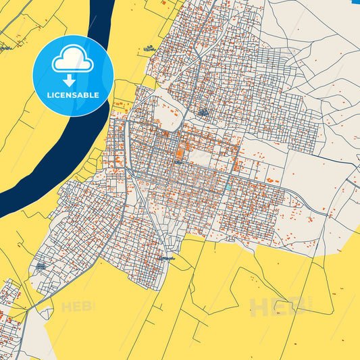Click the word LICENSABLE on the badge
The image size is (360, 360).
(x=73, y=95)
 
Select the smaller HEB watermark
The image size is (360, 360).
(x=78, y=307)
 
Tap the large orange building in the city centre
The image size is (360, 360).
(x=179, y=154)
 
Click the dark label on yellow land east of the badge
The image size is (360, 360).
(x=149, y=49)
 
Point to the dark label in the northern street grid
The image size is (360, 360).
(x=203, y=111)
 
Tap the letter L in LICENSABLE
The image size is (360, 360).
(x=48, y=95)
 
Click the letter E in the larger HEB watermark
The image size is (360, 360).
(x=278, y=307)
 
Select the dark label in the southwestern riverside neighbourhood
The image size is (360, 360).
(x=41, y=266)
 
